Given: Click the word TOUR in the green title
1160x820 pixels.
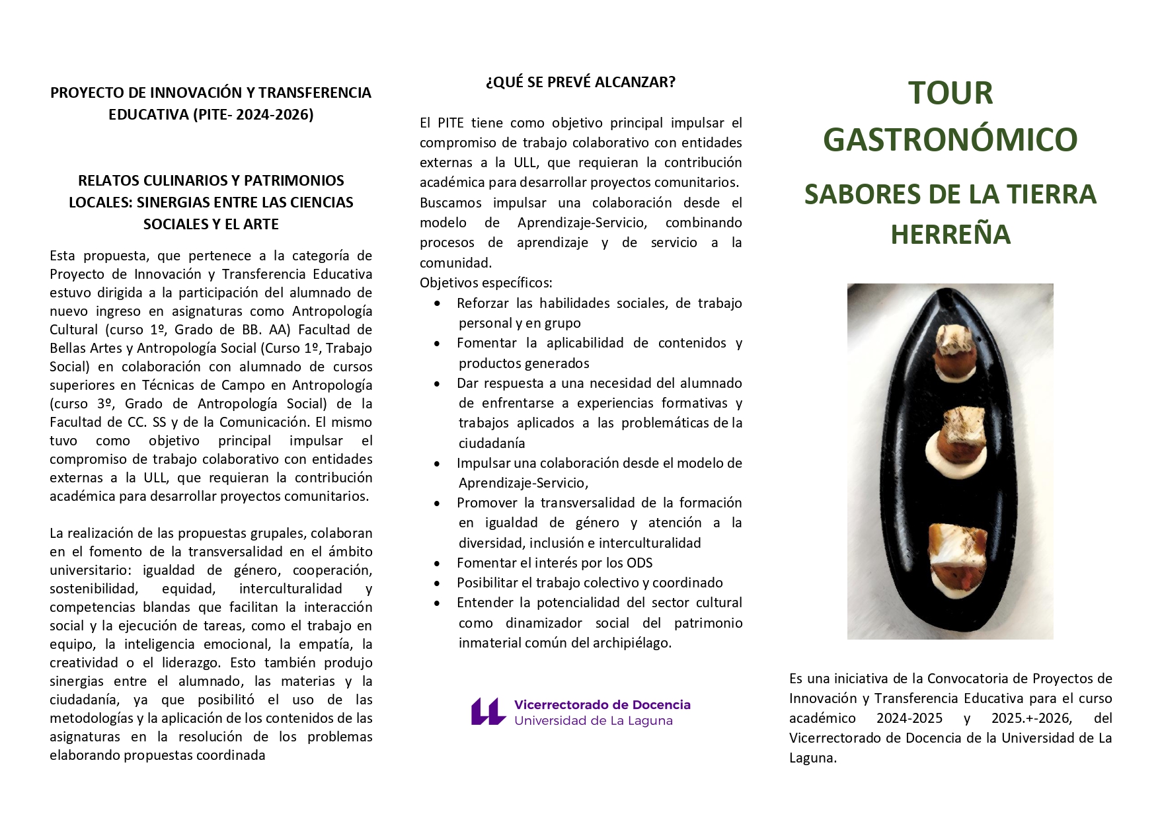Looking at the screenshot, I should pyautogui.click(x=950, y=93).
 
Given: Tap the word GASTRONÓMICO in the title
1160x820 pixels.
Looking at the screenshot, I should pyautogui.click(x=950, y=140).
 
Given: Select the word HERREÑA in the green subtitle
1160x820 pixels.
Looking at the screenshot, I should pyautogui.click(x=950, y=235).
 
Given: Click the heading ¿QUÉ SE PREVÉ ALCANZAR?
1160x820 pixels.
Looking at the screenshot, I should pyautogui.click(x=580, y=82).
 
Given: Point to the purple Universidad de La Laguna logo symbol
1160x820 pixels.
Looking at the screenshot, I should pyautogui.click(x=488, y=712).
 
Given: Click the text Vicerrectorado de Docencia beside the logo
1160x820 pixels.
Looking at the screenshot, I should pyautogui.click(x=602, y=705).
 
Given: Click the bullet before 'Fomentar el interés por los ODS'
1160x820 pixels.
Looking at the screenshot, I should pyautogui.click(x=437, y=564).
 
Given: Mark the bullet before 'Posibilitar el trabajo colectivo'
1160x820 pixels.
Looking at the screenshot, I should pyautogui.click(x=437, y=583).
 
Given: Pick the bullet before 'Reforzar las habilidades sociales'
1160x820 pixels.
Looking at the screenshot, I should pyautogui.click(x=437, y=304).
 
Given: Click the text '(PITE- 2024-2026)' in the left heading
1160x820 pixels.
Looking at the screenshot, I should pyautogui.click(x=253, y=114).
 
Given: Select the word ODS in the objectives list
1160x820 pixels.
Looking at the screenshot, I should pyautogui.click(x=639, y=563).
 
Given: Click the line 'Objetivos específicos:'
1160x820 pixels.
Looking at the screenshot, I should pyautogui.click(x=486, y=283).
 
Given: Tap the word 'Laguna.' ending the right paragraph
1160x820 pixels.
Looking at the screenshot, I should pyautogui.click(x=813, y=758).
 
